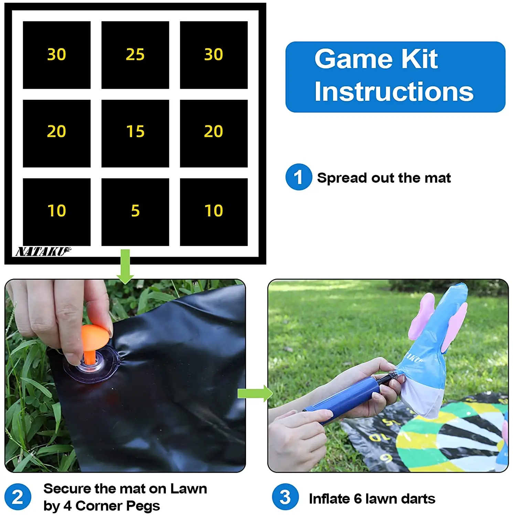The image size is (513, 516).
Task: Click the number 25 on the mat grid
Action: [135, 54]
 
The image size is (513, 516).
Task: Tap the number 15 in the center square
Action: [135, 131]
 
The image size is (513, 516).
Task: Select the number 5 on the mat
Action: [135, 211]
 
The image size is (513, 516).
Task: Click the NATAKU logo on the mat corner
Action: [43, 252]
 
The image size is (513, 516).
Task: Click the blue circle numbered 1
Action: [298, 177]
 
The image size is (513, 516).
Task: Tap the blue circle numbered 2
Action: [18, 497]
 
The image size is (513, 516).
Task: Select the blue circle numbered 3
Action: [285, 497]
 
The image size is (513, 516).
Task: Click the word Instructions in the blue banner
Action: [394, 92]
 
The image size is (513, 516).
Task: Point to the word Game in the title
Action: [353, 59]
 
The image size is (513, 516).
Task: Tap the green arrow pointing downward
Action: [125, 267]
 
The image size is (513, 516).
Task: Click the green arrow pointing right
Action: [255, 393]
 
